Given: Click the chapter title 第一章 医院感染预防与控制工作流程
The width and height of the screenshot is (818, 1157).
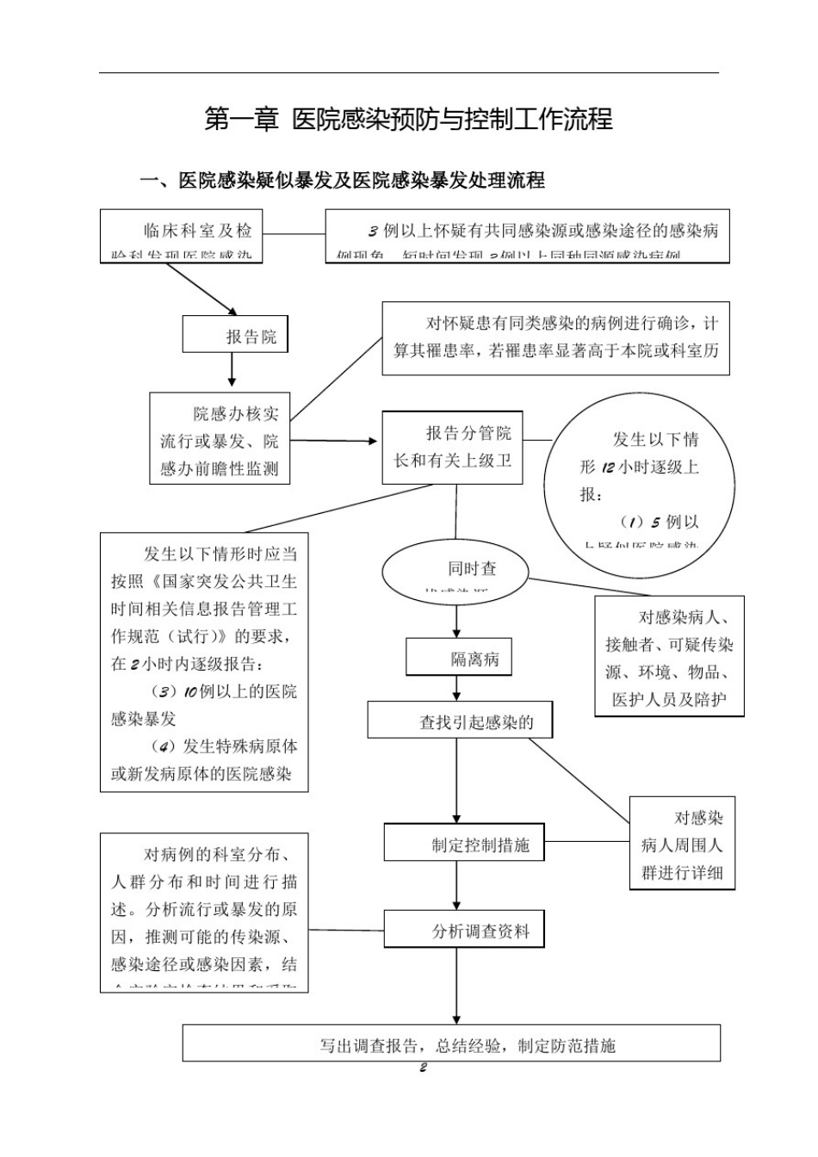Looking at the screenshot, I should click(408, 119).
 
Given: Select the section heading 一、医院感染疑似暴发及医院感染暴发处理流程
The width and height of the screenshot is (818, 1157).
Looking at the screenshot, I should click(342, 181).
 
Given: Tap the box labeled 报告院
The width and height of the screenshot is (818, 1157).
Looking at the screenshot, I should click(235, 335).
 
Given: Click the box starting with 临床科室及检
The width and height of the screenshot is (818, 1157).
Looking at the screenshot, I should click(182, 236).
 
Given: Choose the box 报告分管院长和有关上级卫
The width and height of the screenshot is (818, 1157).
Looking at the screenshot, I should click(452, 447).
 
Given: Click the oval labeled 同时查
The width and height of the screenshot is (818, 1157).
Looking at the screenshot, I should click(455, 572).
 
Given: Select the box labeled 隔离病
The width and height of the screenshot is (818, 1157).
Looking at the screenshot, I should click(458, 659).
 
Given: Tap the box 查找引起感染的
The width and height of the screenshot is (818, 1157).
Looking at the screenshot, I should click(459, 721).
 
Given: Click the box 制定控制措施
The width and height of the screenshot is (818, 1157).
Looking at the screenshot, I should click(463, 844).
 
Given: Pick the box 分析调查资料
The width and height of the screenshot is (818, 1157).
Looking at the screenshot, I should click(463, 931).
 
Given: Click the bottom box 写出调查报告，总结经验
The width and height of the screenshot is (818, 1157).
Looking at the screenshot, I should click(451, 1044).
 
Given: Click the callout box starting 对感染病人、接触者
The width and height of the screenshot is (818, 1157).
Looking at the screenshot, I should click(668, 657).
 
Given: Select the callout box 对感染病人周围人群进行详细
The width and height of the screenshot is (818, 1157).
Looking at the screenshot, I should click(681, 844).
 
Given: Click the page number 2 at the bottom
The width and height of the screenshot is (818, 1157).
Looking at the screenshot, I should click(423, 1068).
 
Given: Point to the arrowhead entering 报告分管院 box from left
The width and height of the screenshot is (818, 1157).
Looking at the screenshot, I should click(373, 442).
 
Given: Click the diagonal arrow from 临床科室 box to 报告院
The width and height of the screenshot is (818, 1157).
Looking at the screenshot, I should click(201, 288).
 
